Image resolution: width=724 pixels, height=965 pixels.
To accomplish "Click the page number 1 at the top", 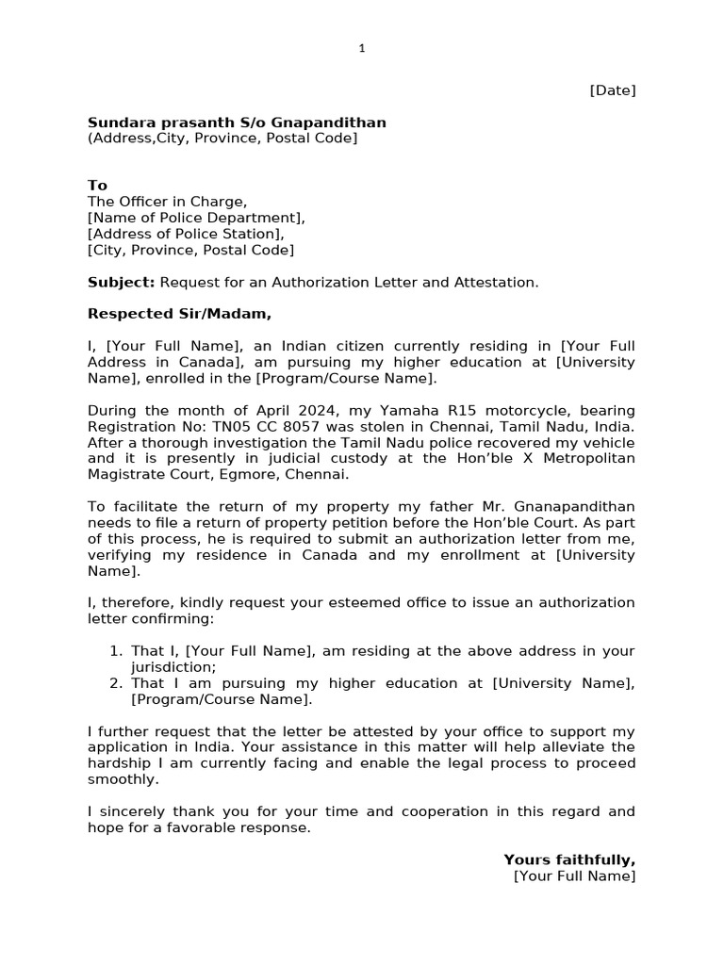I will [x=361, y=49].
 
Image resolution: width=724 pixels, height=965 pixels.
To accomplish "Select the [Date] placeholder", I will [x=612, y=90].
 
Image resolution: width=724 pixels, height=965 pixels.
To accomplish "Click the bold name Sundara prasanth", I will [x=154, y=123].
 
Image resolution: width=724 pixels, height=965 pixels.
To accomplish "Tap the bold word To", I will [x=97, y=186].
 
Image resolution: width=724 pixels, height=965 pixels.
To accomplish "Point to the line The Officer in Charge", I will [x=167, y=202].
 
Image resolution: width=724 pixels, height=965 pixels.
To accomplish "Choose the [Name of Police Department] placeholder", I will [x=196, y=218].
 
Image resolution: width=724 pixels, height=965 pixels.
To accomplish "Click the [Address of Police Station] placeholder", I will [x=185, y=234].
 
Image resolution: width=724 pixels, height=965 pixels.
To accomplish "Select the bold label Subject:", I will [x=121, y=283].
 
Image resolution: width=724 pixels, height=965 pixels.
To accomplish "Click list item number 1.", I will [x=116, y=651].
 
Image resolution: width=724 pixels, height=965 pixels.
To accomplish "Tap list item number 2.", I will [x=116, y=683].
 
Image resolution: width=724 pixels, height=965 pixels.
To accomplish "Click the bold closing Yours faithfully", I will [x=569, y=860].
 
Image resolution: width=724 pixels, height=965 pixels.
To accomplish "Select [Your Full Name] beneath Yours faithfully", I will [x=574, y=876].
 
